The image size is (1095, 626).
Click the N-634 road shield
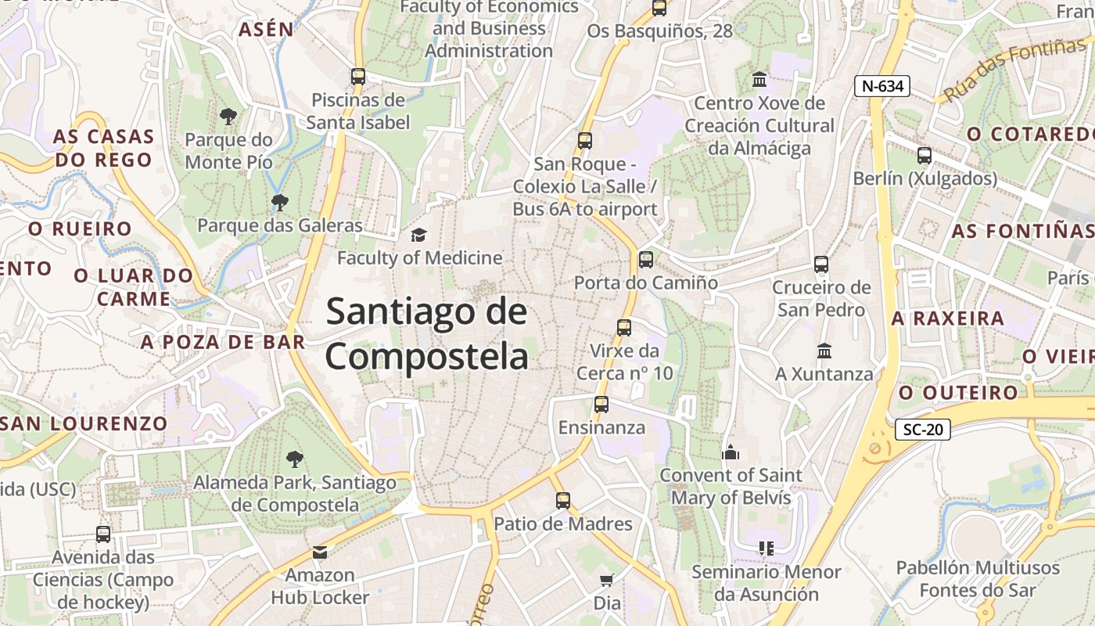coord(881,86)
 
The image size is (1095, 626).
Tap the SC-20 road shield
coord(922,429)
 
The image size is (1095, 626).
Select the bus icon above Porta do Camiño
coord(645,260)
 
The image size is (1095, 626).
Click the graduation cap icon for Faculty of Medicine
coord(419,235)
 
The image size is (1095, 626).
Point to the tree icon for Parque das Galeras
coord(279,203)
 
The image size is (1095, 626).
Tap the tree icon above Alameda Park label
coord(294,459)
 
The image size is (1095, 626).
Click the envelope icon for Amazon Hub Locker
coord(320,552)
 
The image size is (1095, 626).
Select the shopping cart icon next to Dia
coord(606,580)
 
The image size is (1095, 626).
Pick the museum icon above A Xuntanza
coord(824,351)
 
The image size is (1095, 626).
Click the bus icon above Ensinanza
coord(601,405)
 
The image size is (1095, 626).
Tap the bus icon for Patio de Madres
coord(563,501)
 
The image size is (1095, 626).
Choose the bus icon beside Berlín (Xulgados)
coord(924,156)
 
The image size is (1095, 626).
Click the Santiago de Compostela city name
coord(427,334)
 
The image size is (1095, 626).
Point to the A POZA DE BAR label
coord(223,342)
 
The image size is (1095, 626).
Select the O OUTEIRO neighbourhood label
coord(958,392)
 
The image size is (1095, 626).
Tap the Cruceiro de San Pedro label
coord(821,299)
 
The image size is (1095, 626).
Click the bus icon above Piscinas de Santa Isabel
coord(358,77)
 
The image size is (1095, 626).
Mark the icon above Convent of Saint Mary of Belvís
coord(731,452)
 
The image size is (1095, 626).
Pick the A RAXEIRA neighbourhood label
coord(948,318)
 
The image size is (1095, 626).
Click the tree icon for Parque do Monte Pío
coord(228,117)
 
